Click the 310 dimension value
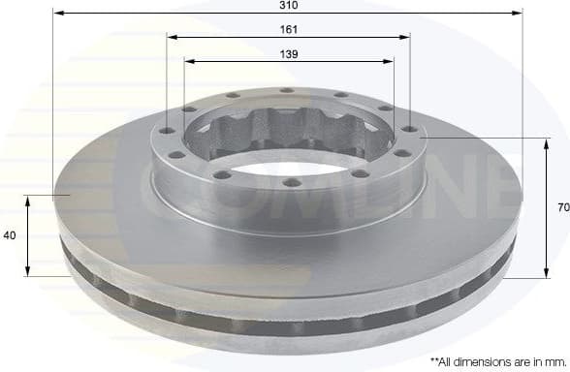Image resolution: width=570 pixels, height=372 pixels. pyautogui.click(x=288, y=5)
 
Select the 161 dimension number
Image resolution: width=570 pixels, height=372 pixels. pyautogui.click(x=288, y=29)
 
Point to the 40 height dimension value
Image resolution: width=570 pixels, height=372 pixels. pyautogui.click(x=10, y=235)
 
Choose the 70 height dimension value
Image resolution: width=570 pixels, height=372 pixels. pyautogui.click(x=561, y=207)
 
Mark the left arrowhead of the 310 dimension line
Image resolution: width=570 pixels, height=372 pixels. pyautogui.click(x=56, y=14)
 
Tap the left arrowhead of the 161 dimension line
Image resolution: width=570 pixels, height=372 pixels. pyautogui.click(x=171, y=38)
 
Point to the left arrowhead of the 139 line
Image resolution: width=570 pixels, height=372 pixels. pyautogui.click(x=188, y=61)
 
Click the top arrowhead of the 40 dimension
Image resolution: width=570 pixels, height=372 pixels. pyautogui.click(x=28, y=199)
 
